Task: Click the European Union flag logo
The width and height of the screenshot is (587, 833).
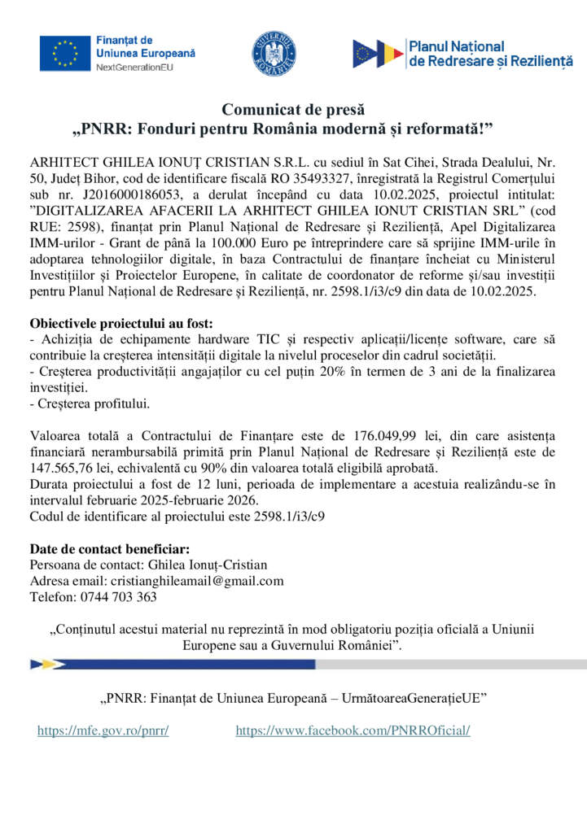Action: point(65,53)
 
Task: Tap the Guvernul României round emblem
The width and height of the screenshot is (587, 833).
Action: point(274,53)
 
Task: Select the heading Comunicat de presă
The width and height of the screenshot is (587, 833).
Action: point(293,110)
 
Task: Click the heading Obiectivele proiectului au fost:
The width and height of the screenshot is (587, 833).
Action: point(121,324)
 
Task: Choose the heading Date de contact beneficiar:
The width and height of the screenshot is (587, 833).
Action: point(109,548)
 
